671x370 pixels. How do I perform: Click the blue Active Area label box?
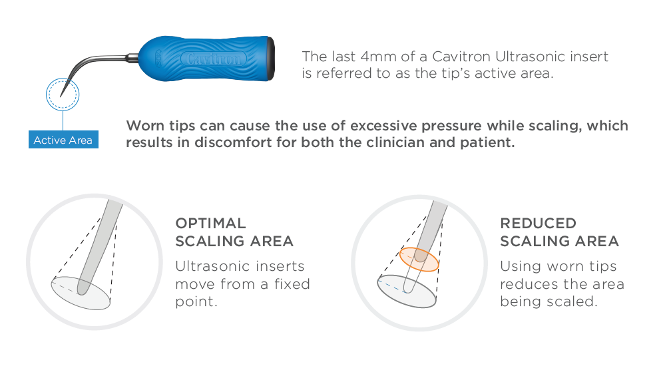[x=63, y=140]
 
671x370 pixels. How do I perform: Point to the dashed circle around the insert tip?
[x=63, y=80]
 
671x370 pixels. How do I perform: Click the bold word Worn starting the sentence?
[x=144, y=126]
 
